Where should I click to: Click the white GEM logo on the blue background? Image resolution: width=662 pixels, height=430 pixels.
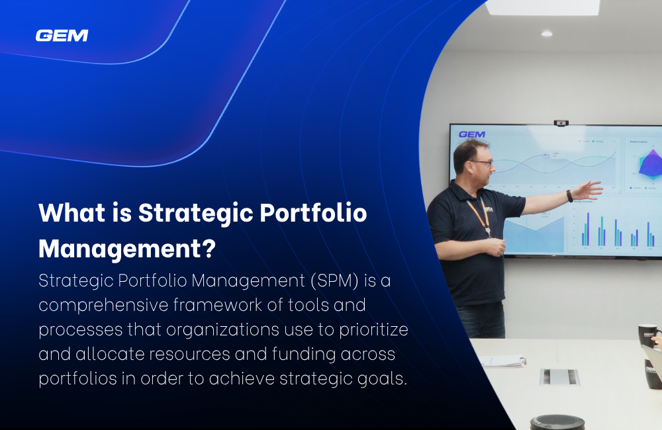click(x=62, y=35)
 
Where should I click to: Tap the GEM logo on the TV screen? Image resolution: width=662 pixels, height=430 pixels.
click(x=471, y=134)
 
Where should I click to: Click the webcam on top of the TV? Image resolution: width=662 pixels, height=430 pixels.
click(x=561, y=122)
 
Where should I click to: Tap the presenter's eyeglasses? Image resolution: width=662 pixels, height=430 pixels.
click(x=481, y=162)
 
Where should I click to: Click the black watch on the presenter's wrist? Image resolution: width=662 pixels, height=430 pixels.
click(x=569, y=196)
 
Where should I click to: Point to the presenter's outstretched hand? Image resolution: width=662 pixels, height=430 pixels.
click(x=587, y=191)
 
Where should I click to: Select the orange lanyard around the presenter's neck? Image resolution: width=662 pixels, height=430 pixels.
click(x=479, y=215)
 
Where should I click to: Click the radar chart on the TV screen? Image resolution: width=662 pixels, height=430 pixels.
click(x=648, y=163)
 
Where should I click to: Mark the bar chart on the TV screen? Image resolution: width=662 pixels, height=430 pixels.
click(x=616, y=232)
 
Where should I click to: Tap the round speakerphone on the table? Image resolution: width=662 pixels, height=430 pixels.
click(x=557, y=422)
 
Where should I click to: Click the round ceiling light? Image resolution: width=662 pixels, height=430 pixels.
click(x=546, y=33)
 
